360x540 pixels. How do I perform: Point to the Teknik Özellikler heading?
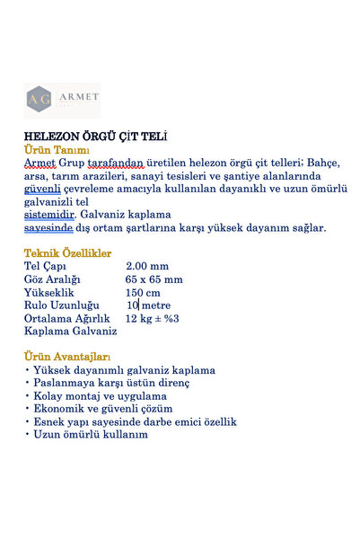[67, 253]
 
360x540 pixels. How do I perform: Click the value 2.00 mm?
[147, 266]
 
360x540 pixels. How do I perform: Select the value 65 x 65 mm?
[154, 279]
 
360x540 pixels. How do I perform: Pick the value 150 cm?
[143, 292]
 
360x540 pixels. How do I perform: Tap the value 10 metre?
[148, 305]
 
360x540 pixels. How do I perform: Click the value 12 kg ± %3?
[153, 318]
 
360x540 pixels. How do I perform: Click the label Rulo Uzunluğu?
[61, 305]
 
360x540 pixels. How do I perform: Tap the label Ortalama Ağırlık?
[66, 318]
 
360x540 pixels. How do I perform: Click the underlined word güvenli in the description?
[43, 189]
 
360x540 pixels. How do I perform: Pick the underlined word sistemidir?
[48, 215]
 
